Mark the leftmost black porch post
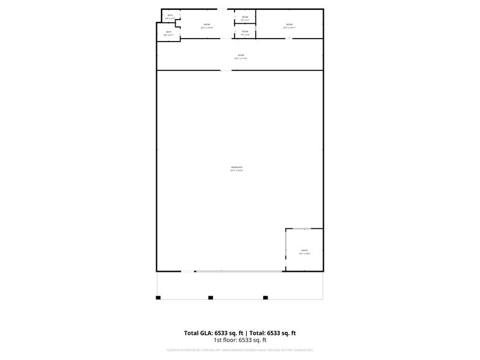(158, 298)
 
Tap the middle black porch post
(211, 298)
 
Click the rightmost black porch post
(266, 298)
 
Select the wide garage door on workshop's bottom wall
(239, 271)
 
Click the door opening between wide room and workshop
(226, 70)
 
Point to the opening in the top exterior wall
(222, 9)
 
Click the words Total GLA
(199, 333)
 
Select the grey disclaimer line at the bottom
(240, 350)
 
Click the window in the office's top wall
(304, 229)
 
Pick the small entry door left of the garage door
(187, 271)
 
